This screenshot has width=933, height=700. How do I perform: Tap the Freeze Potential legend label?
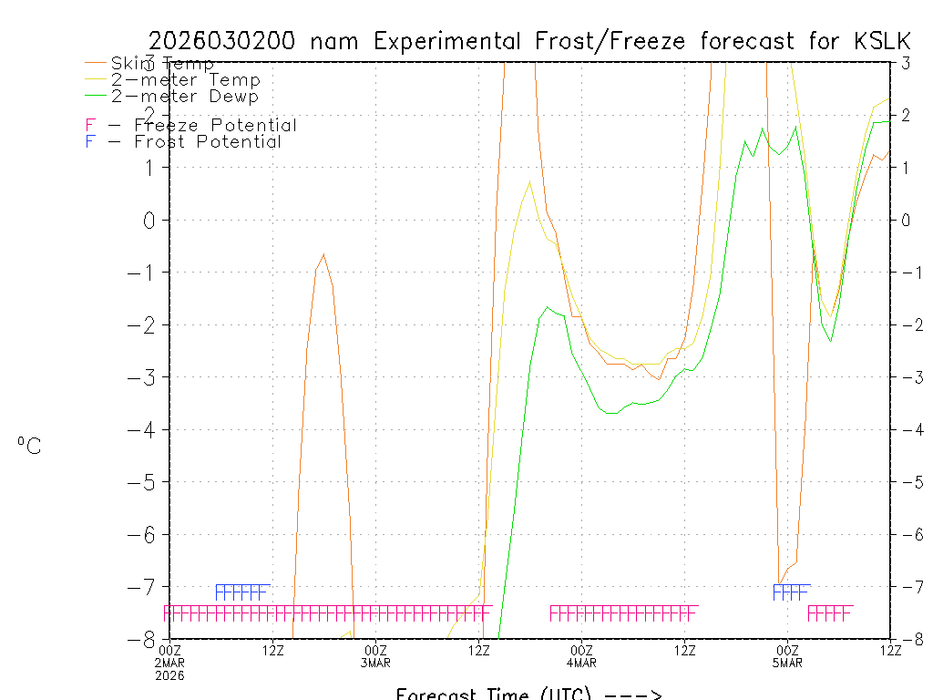(x=215, y=125)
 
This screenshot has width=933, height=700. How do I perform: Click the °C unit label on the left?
(x=29, y=446)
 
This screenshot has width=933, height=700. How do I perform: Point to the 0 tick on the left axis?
(x=151, y=220)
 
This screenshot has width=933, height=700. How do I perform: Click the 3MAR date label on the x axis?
(x=376, y=662)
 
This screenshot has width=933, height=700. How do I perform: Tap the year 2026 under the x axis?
(x=170, y=674)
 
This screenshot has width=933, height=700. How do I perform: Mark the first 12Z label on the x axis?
(x=273, y=649)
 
